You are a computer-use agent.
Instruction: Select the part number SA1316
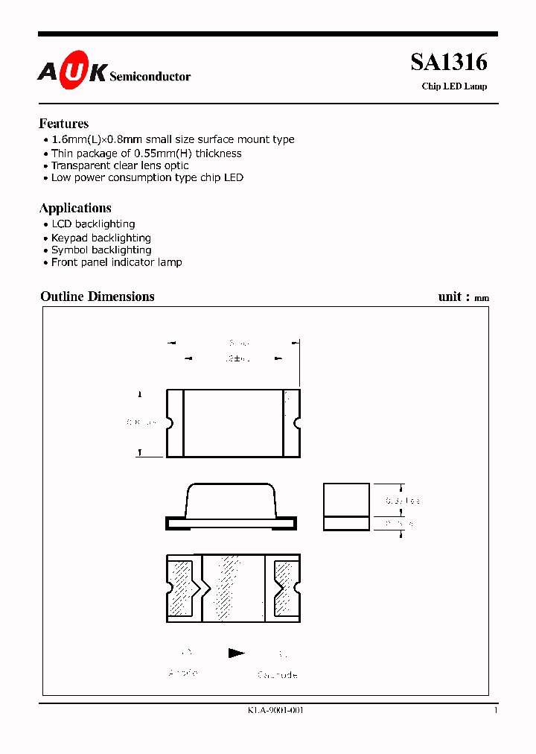448,63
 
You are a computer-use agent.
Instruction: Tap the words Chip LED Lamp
454,86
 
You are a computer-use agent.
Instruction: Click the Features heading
64,124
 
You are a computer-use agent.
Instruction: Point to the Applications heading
75,208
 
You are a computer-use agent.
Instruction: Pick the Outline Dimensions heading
98,297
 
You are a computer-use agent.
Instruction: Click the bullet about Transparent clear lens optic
120,165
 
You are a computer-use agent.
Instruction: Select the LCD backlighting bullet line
93,224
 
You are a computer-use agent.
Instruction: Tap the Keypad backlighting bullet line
100,238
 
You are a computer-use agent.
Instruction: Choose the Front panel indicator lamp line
116,262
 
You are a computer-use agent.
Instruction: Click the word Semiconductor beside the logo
150,77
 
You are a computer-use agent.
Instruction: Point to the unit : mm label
463,297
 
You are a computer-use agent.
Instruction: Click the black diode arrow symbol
237,653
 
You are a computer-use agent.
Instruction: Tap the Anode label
183,673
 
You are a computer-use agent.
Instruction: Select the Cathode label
278,675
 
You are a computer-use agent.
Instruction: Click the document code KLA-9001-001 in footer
275,710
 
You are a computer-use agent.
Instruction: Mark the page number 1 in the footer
495,710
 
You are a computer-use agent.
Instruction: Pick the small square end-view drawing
346,507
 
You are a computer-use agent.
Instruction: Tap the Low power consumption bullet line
147,177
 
